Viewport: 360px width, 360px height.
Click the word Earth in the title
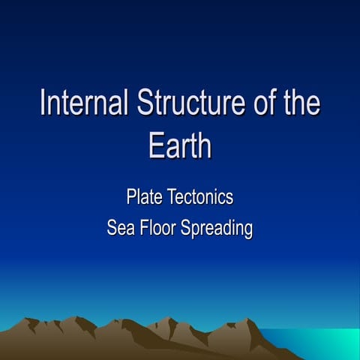point(180,145)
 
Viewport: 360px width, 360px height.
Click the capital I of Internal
point(43,103)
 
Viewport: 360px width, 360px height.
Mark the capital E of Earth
point(155,145)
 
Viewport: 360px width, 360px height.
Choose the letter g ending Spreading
point(247,230)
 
